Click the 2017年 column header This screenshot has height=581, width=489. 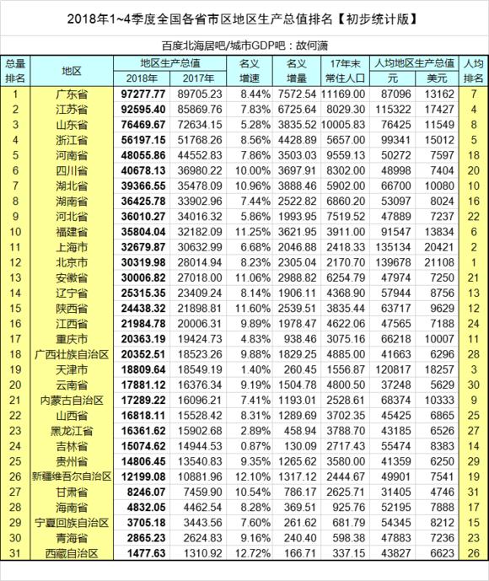tap(199, 78)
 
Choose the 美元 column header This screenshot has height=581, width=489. tap(439, 78)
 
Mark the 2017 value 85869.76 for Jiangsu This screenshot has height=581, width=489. tap(199, 110)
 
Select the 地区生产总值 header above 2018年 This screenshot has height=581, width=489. tap(171, 63)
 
